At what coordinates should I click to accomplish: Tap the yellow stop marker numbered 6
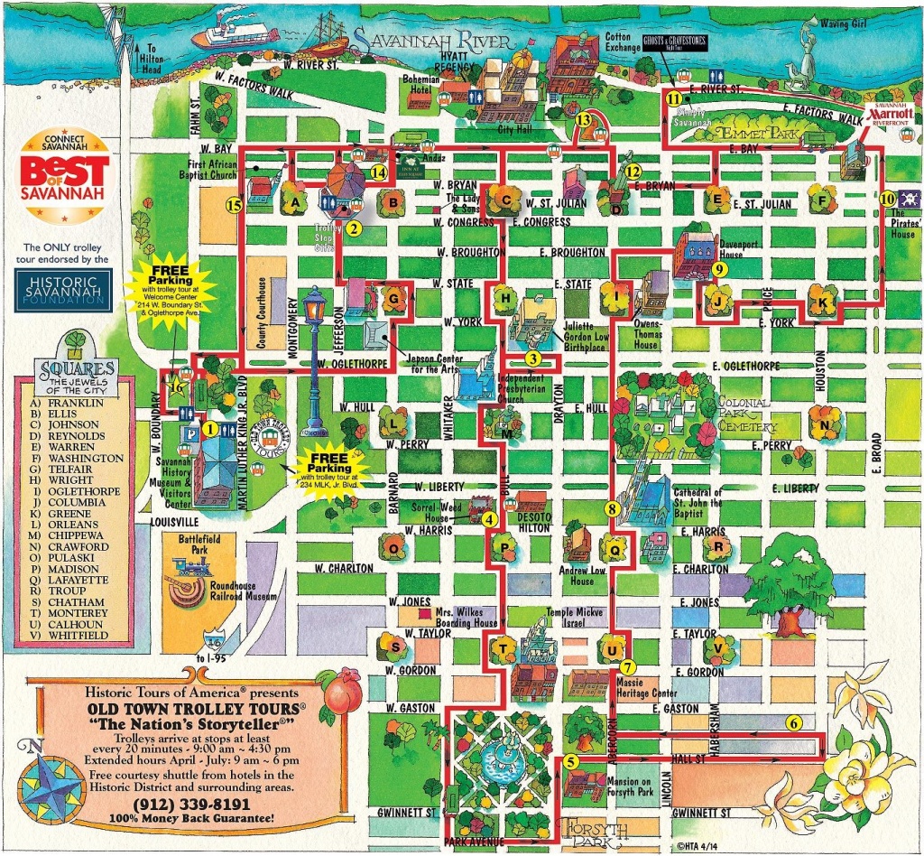pos(794,722)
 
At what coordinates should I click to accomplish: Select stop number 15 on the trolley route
pos(234,206)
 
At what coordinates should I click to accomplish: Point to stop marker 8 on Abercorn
pos(613,509)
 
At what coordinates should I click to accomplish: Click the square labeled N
pos(825,423)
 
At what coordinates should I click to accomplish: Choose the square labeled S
pos(393,646)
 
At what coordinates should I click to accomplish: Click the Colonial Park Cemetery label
pos(746,414)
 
